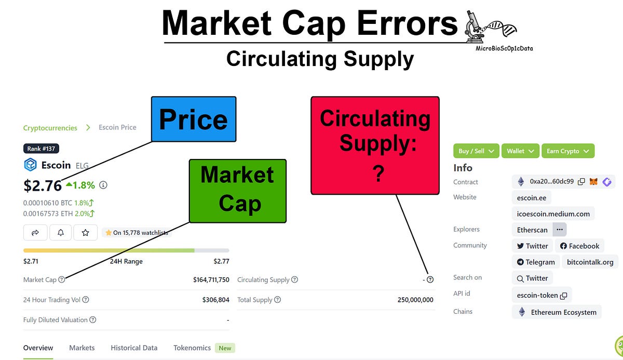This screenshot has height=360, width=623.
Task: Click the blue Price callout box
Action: [x=194, y=119]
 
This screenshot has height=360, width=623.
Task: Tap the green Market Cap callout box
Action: [x=237, y=191]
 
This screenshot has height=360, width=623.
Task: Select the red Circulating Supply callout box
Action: [x=375, y=145]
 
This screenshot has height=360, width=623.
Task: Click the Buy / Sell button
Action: [x=476, y=151]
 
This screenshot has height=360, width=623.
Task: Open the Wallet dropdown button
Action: [x=520, y=151]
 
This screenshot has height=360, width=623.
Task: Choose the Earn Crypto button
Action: [x=567, y=151]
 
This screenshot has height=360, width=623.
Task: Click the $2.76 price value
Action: [x=43, y=185]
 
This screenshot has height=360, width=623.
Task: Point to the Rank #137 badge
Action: [x=41, y=149]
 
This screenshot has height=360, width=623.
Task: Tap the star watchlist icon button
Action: [x=86, y=233]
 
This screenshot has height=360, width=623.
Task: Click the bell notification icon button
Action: [x=61, y=233]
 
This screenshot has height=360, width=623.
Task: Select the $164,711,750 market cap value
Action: [x=211, y=279]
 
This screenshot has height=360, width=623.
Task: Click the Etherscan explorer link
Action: [x=532, y=229]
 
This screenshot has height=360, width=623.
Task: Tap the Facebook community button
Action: [x=579, y=246]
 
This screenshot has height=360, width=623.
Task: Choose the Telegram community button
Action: [x=535, y=262]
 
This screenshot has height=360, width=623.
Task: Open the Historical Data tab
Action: [x=134, y=348]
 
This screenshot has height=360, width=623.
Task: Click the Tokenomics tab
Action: [x=192, y=348]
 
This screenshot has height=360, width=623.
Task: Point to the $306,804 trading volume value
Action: [x=215, y=300]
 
